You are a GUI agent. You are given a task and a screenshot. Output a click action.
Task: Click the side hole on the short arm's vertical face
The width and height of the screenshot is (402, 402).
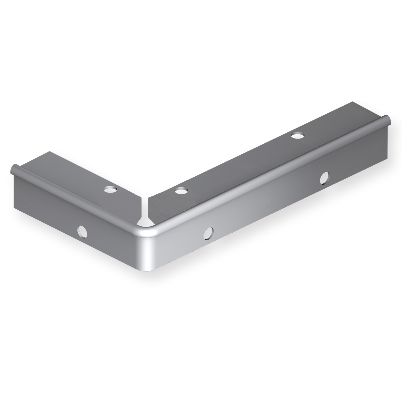click(83, 231)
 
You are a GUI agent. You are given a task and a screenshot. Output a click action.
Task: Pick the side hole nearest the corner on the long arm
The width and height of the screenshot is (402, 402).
click(209, 233)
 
